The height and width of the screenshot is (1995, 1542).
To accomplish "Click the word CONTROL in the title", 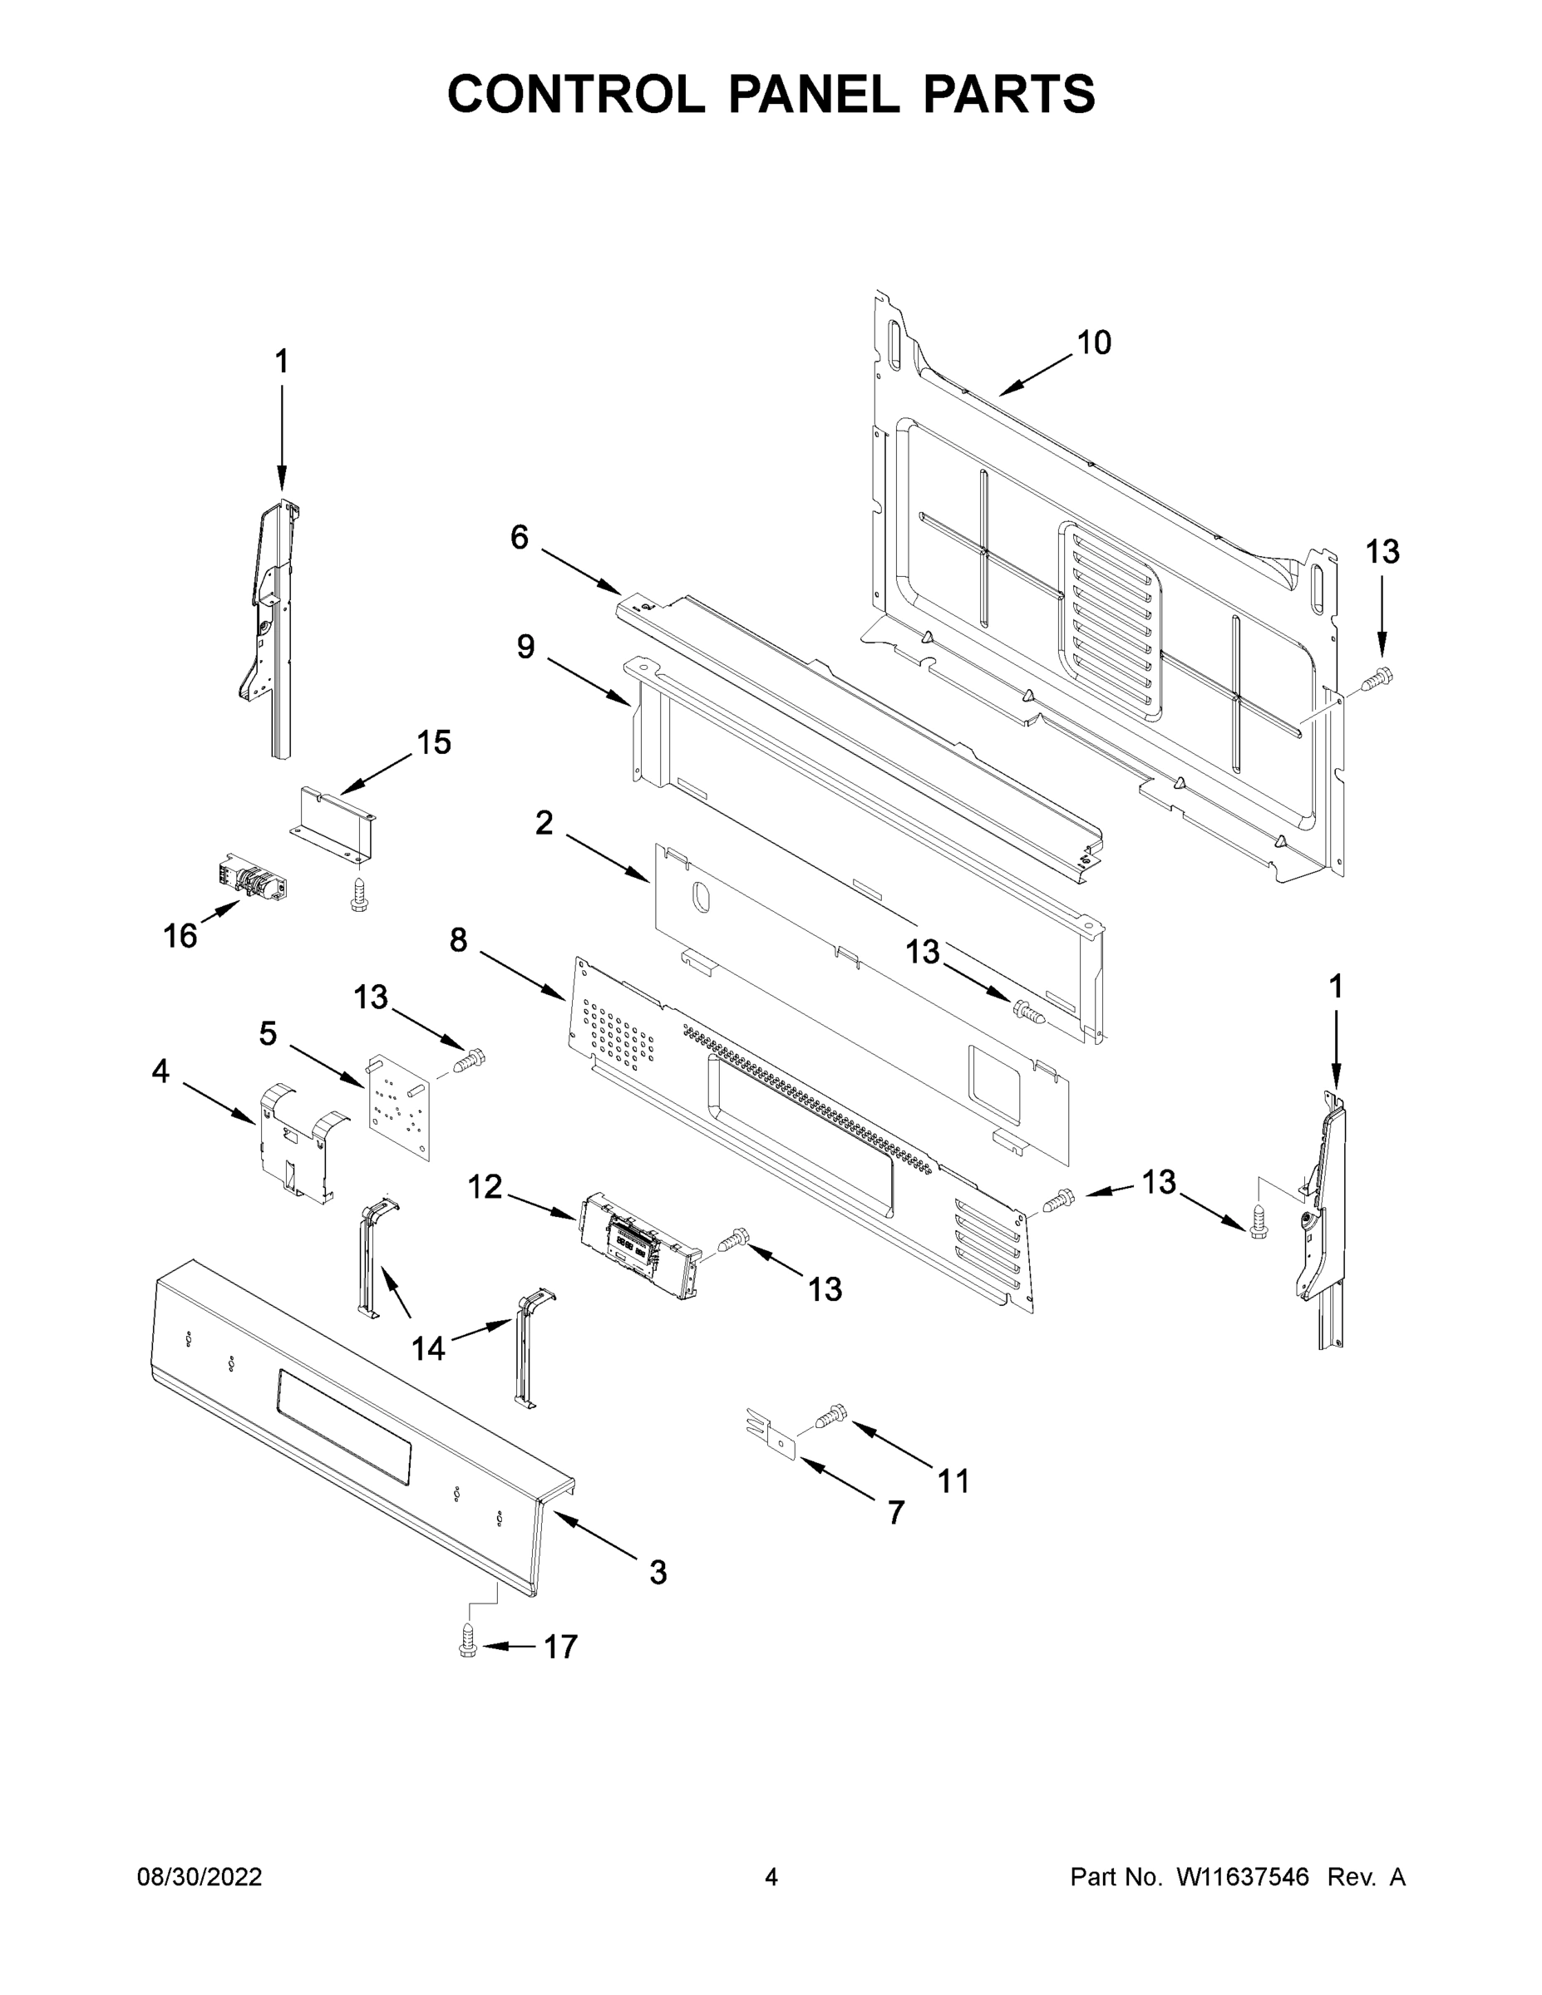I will pos(575,94).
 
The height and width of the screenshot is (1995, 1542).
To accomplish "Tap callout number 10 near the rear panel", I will pos(1093,343).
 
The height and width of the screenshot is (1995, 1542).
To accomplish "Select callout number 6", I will pos(519,538).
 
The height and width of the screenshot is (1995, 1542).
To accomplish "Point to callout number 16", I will pos(180,935).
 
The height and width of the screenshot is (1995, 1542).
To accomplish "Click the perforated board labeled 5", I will pos(399,1108).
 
